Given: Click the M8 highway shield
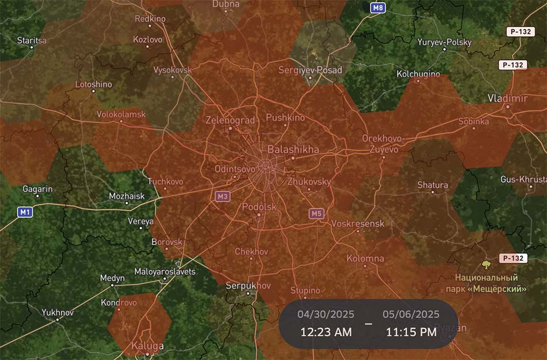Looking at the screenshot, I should point(378,8).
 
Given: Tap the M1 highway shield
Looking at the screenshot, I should point(24,212).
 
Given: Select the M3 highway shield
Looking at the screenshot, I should point(222,196).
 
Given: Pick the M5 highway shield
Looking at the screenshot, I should point(316,214).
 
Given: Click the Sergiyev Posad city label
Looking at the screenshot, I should point(310,70).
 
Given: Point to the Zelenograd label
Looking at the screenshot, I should point(230,120).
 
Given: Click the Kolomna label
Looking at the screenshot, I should point(366,258).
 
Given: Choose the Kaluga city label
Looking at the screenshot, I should point(148,346).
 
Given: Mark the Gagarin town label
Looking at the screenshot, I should point(37,189).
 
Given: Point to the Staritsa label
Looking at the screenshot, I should point(32,40).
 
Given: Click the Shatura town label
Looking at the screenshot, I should point(432,185).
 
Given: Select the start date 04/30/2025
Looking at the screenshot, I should point(326,314).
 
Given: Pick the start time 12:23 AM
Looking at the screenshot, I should point(326,332).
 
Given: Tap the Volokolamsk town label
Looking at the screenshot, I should point(121,114).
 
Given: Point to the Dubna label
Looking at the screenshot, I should point(226,5).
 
